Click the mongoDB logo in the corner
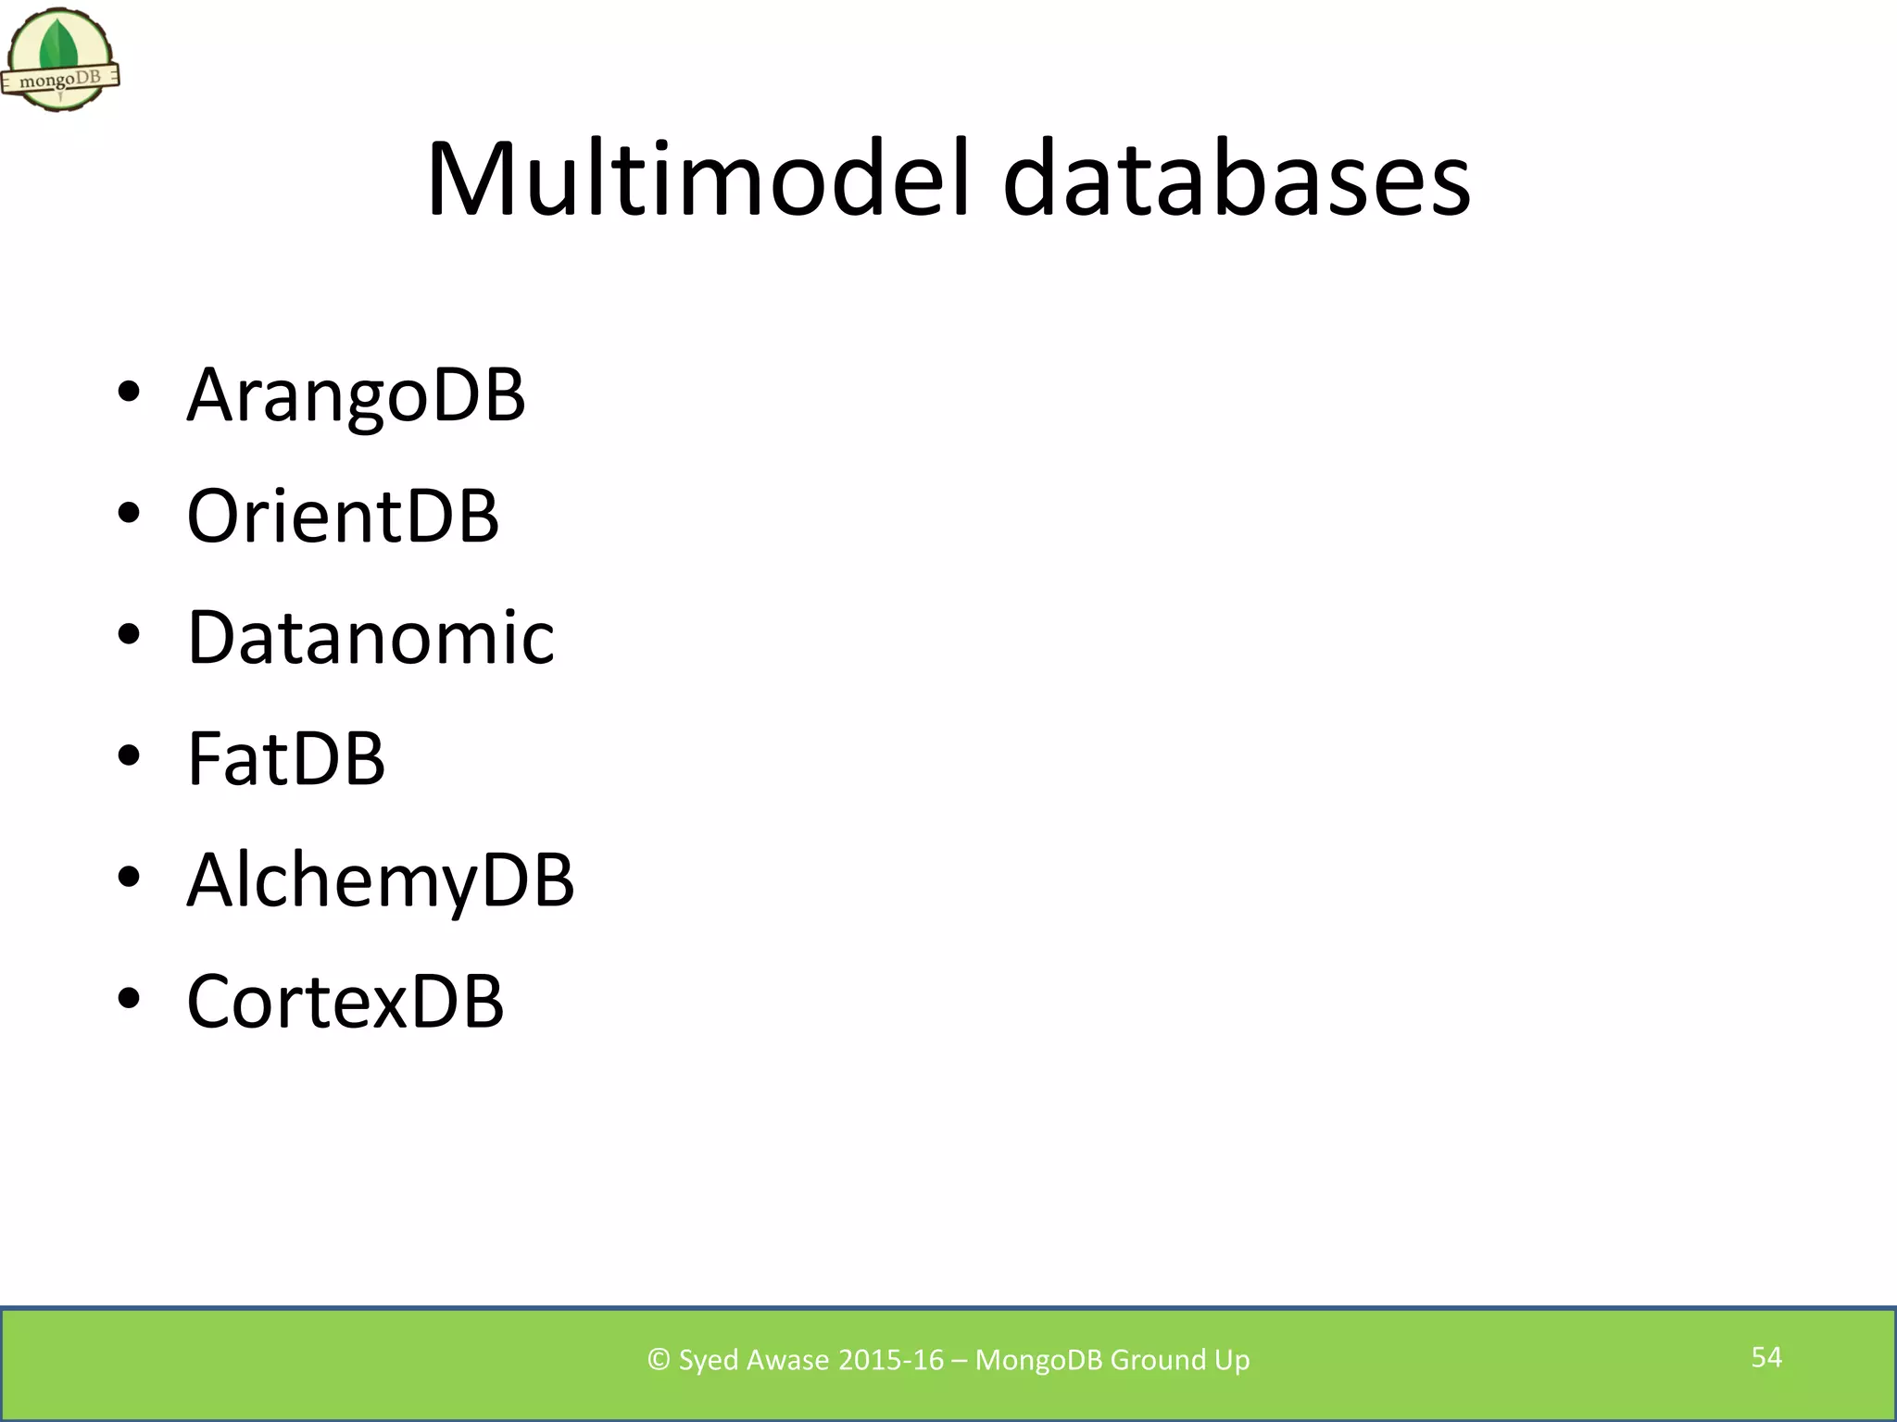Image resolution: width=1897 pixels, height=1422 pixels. coord(60,60)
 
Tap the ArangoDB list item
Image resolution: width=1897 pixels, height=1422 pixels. coord(356,394)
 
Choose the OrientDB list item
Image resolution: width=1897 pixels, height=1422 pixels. coord(343,516)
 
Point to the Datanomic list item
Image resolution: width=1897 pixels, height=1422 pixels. coord(371,637)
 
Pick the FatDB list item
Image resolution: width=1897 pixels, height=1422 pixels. coord(285,758)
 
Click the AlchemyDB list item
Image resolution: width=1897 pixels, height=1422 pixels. coord(380,879)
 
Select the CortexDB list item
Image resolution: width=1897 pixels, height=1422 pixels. coord(345,1001)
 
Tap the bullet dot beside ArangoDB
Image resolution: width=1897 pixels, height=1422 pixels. coord(129,393)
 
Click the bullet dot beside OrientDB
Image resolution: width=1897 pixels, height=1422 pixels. coord(129,514)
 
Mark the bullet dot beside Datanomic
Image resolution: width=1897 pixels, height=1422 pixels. coord(129,635)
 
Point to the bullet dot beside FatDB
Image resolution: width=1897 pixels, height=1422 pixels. coord(129,756)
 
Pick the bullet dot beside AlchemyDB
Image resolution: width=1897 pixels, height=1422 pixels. coord(129,878)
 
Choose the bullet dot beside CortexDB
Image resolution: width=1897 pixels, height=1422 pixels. coord(129,999)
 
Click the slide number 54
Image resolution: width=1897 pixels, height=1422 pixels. coord(1766,1357)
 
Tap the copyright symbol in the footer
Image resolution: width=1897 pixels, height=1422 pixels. coord(659,1359)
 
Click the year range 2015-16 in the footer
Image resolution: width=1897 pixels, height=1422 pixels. coord(890,1359)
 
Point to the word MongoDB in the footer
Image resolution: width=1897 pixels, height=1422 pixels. coord(1038,1360)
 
